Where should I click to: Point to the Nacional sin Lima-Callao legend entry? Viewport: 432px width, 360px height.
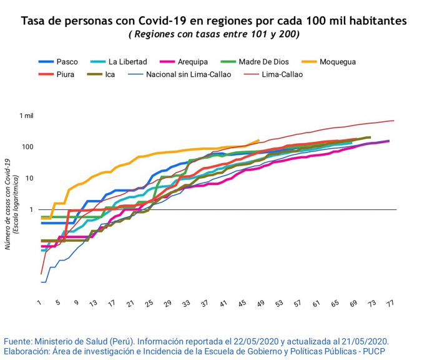[189, 74]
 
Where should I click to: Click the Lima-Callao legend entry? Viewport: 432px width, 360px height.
[283, 74]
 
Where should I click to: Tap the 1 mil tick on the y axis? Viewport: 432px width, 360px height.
[26, 116]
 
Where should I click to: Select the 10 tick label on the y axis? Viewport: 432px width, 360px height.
[29, 178]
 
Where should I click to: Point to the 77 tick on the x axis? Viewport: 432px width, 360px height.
[391, 303]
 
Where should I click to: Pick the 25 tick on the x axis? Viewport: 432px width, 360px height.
[149, 303]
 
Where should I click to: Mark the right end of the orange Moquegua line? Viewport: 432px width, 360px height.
[258, 141]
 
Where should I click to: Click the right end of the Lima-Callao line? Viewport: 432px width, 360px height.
[393, 121]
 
